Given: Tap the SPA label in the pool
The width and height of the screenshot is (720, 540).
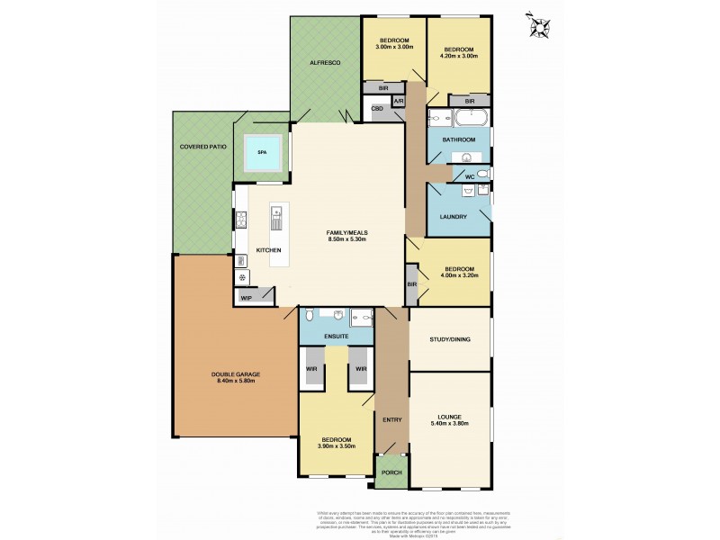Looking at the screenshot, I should point(262,153).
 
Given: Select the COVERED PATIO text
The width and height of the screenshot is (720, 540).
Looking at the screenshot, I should point(202,146).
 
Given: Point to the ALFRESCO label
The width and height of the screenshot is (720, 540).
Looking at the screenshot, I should point(325,64).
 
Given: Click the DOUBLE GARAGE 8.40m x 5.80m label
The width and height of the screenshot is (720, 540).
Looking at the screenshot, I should point(234,378).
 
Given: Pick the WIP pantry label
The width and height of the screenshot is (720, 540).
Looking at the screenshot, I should point(246,298).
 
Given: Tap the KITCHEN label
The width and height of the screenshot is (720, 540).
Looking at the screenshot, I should point(268,249).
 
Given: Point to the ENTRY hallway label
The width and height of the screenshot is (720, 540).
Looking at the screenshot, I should point(391,420).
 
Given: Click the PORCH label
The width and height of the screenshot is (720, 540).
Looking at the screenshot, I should point(391,472).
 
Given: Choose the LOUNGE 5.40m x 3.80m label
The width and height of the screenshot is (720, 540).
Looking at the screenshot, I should point(450,420).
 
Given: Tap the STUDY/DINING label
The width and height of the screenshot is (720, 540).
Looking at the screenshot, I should point(450,339).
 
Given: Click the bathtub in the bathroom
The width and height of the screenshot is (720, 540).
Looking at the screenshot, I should point(469,118).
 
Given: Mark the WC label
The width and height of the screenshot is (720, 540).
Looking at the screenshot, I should point(469,176).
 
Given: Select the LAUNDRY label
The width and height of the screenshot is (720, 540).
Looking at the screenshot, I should point(452,217).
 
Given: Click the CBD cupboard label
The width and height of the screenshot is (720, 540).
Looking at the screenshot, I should point(378,109).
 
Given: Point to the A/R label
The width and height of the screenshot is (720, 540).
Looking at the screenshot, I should point(398,101).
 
